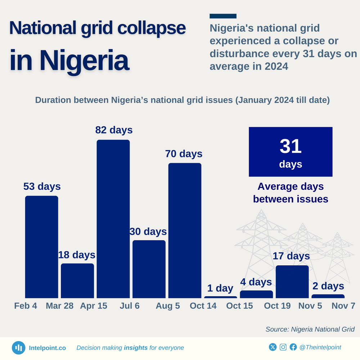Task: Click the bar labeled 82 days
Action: click(113, 219)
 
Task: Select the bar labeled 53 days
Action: click(41, 247)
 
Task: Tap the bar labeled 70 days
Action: click(185, 230)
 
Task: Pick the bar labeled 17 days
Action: click(292, 282)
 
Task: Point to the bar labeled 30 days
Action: click(149, 269)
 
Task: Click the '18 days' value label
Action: click(77, 255)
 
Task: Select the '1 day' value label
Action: click(220, 288)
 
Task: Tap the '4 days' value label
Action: click(256, 282)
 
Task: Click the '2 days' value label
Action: click(328, 286)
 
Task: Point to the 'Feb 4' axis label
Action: click(26, 306)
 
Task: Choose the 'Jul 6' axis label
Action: click(130, 306)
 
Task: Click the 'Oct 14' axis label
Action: click(203, 306)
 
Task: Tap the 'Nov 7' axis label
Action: click(343, 306)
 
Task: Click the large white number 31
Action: click(291, 146)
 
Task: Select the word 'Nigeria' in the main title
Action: click(84, 60)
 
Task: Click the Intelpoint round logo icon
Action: click(19, 348)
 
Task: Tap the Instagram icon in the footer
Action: click(283, 347)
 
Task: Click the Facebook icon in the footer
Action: click(293, 347)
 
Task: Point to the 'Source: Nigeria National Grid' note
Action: click(310, 329)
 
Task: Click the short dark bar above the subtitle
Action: click(223, 16)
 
